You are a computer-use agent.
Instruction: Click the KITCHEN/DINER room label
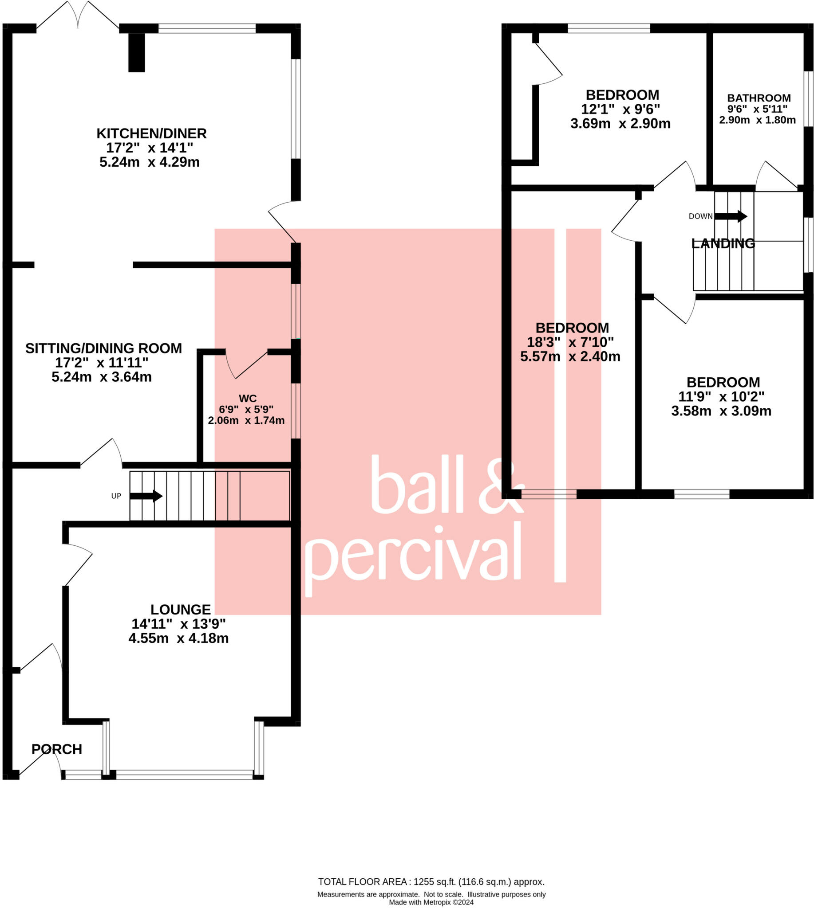pyautogui.click(x=152, y=133)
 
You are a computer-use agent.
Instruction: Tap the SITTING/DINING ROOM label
pyautogui.click(x=103, y=348)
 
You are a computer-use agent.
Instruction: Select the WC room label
pyautogui.click(x=247, y=398)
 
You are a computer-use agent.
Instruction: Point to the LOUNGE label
pyautogui.click(x=180, y=610)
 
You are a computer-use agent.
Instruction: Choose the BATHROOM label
pyautogui.click(x=759, y=98)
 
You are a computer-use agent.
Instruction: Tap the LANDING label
pyautogui.click(x=723, y=243)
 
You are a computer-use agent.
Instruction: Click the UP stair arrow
pyautogui.click(x=146, y=496)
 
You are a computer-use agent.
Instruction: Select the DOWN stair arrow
pyautogui.click(x=731, y=216)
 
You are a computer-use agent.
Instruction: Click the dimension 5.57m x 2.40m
pyautogui.click(x=570, y=356)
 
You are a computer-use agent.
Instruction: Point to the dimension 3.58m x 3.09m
pyautogui.click(x=721, y=411)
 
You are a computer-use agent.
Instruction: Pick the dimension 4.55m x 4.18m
pyautogui.click(x=178, y=638)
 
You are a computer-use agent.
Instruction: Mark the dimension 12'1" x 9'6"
pyautogui.click(x=620, y=109)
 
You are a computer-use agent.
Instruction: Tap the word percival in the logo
pyautogui.click(x=414, y=554)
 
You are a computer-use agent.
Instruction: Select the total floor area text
pyautogui.click(x=431, y=882)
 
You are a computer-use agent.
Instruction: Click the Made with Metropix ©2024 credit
pyautogui.click(x=431, y=902)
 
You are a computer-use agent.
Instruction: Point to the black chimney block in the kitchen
pyautogui.click(x=136, y=52)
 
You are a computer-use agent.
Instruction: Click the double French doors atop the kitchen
pyautogui.click(x=78, y=16)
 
